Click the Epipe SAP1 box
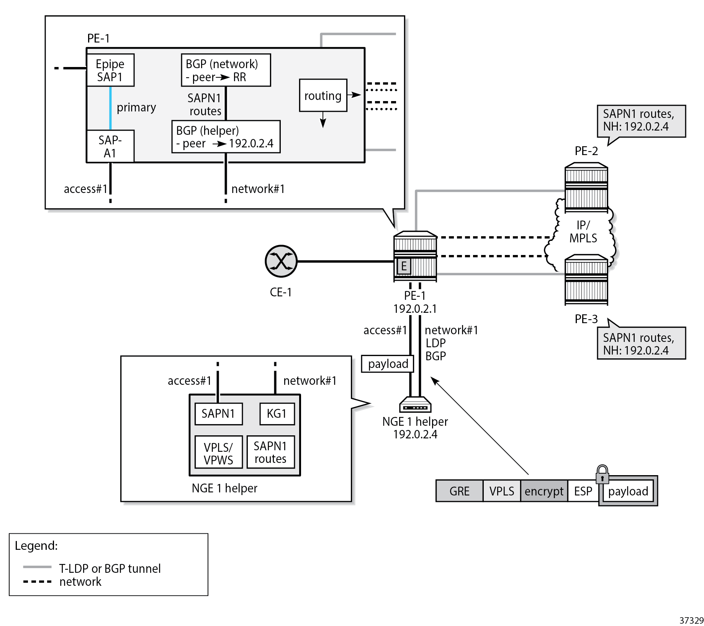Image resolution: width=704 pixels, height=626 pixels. click(110, 70)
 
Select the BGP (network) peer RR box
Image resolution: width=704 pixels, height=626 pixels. click(226, 70)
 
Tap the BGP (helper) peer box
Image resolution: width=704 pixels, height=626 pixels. click(226, 137)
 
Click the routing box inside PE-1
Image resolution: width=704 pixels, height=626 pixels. click(323, 96)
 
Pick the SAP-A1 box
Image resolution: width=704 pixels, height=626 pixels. click(110, 146)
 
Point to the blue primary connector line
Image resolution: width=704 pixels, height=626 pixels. click(110, 108)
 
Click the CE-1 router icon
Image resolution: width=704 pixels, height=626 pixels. click(281, 262)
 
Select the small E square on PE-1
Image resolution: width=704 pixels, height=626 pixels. click(404, 266)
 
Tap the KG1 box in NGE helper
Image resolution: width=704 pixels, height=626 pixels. click(277, 414)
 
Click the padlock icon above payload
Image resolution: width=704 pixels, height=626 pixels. click(602, 474)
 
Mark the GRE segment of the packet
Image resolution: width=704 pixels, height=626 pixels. click(459, 491)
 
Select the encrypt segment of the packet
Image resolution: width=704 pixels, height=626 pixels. click(544, 491)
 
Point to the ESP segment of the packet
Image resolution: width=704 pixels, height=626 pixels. click(583, 491)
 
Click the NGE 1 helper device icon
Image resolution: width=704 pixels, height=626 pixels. click(415, 404)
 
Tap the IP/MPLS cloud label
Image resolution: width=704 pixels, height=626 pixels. click(583, 232)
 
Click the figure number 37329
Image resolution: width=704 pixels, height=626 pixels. click(691, 620)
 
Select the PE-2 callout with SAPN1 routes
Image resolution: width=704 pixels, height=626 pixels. click(641, 121)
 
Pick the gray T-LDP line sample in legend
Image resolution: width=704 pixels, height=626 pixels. click(37, 567)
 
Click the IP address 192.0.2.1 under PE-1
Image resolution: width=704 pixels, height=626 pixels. click(415, 309)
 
